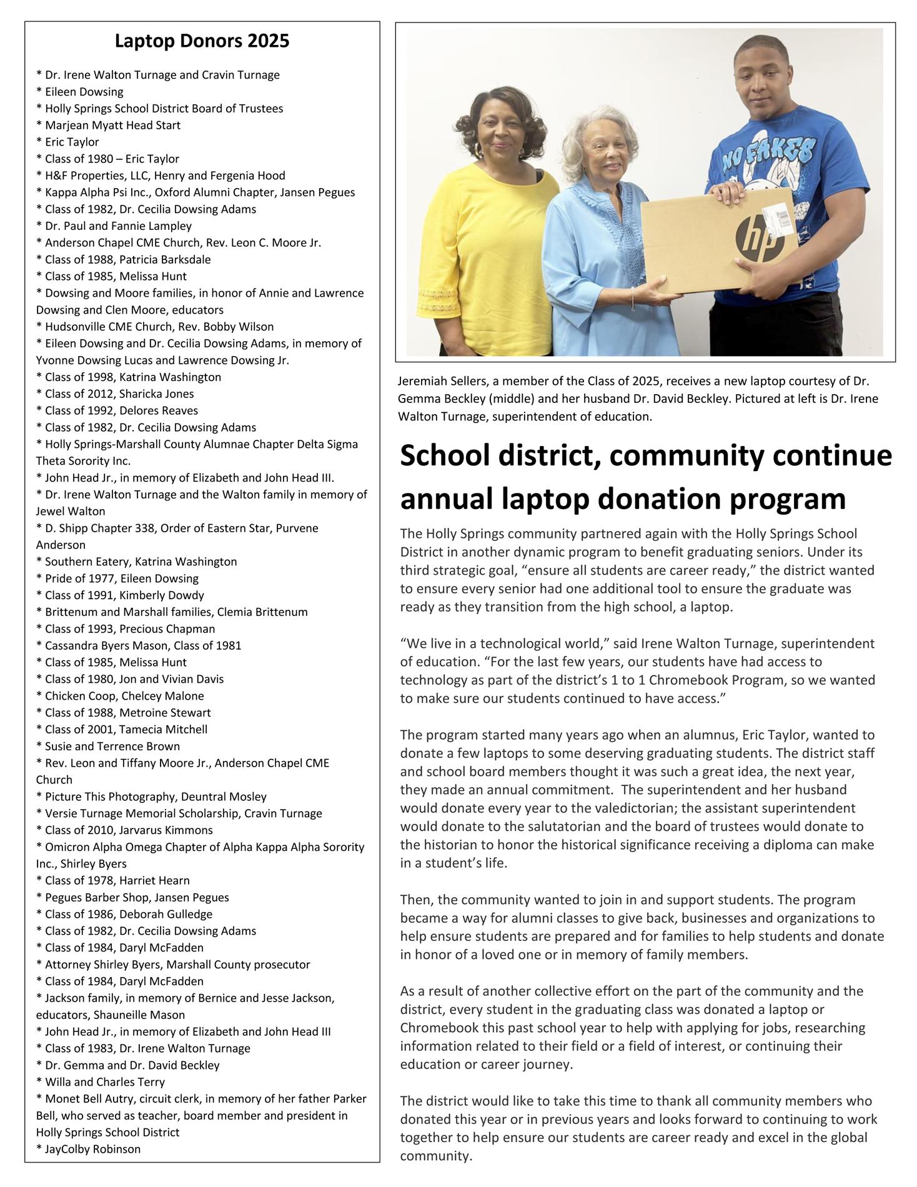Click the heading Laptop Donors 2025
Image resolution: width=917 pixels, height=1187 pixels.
[x=202, y=41]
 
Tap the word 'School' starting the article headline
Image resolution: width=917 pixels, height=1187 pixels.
[x=442, y=456]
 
